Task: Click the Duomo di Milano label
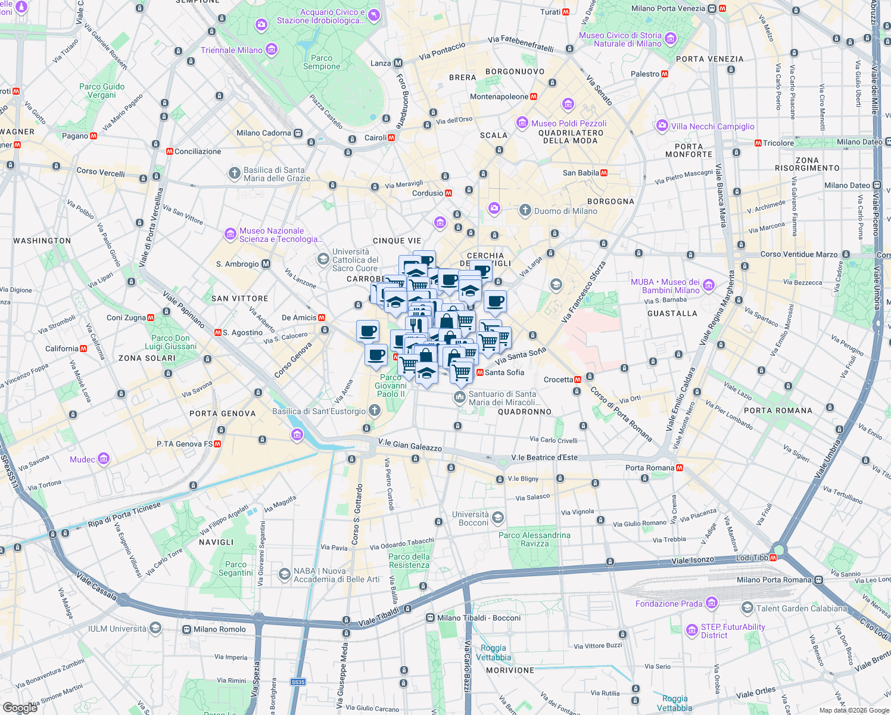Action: pos(565,211)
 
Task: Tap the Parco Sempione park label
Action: pos(322,62)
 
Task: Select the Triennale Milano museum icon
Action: pos(272,49)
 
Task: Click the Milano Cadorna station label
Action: pos(264,133)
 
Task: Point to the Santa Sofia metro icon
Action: pos(480,372)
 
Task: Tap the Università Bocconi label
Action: pos(470,518)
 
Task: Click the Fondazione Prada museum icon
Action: pos(711,604)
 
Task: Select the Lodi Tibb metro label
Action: pos(752,557)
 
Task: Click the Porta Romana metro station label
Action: pos(650,468)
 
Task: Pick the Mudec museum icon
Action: pos(104,459)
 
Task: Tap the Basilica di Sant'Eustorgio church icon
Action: pos(375,410)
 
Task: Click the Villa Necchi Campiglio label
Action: pos(712,126)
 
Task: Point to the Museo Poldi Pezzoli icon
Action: pos(522,123)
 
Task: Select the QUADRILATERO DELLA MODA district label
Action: pos(571,137)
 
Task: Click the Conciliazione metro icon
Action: pos(170,151)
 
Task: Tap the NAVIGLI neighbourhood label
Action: pos(216,542)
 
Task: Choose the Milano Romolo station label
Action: pos(219,629)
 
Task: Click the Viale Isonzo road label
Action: pos(692,561)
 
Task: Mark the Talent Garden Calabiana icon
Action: pos(747,608)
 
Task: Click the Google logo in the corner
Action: pos(20,707)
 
